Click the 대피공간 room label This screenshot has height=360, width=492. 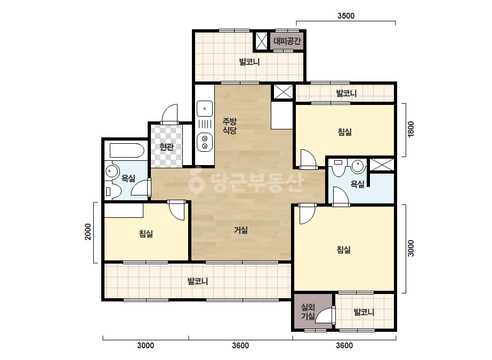[x=287, y=41]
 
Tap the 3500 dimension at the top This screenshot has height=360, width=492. [x=346, y=15]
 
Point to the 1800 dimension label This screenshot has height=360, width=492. [x=411, y=129]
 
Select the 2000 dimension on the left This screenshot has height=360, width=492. [x=88, y=232]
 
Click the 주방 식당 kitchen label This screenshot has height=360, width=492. [x=229, y=126]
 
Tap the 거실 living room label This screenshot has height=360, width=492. [x=240, y=230]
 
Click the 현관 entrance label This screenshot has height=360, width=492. [x=166, y=146]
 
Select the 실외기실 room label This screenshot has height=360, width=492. [x=308, y=312]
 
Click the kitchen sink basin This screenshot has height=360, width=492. [x=205, y=109]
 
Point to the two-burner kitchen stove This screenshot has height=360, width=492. [x=205, y=142]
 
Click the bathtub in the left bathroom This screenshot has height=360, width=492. [x=127, y=151]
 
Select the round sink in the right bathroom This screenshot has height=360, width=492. [x=358, y=166]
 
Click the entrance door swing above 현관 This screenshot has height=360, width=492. [x=170, y=113]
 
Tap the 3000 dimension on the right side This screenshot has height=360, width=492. [x=411, y=248]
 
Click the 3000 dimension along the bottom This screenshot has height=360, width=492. [x=146, y=346]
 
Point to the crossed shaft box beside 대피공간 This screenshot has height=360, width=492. [x=261, y=41]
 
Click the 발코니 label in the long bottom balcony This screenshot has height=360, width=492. [x=198, y=281]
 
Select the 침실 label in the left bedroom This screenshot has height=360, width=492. [x=146, y=234]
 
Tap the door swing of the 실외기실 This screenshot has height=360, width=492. [x=325, y=315]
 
